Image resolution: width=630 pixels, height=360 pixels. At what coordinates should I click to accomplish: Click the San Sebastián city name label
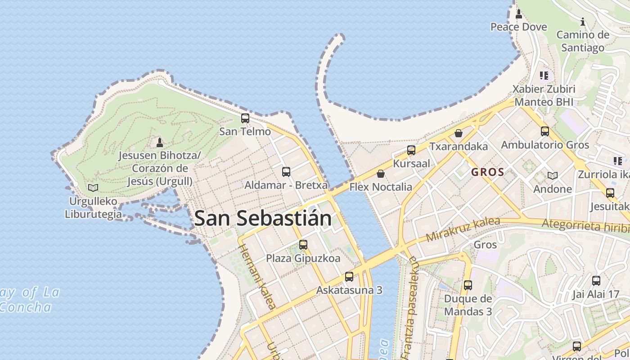(x=263, y=219)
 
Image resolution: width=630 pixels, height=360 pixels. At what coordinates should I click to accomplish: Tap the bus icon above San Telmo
(x=245, y=118)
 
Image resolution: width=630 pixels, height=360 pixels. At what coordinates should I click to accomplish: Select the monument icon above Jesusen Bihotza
(x=159, y=143)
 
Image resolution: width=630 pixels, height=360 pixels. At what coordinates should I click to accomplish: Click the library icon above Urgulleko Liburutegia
(x=93, y=187)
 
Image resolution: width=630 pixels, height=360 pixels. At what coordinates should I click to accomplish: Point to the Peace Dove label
(x=518, y=27)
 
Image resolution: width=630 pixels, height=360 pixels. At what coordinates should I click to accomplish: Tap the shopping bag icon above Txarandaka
(x=458, y=133)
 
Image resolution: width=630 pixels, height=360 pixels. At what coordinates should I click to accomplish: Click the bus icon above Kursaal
(x=411, y=150)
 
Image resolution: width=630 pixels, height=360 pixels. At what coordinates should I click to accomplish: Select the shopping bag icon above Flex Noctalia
(x=381, y=174)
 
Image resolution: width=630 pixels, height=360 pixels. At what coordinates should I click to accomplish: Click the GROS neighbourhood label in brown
(x=488, y=172)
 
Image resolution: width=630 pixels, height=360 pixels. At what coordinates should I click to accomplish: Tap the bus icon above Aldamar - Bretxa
(x=286, y=171)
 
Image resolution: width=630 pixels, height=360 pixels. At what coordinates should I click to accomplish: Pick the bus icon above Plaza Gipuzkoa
(x=303, y=245)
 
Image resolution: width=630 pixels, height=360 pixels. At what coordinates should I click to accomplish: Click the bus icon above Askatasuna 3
(x=349, y=277)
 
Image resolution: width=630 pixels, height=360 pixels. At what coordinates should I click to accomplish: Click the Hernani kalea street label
(x=256, y=277)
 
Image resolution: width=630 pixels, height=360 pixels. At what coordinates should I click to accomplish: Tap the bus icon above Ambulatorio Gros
(x=545, y=131)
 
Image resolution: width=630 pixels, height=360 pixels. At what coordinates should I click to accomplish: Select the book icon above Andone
(x=552, y=175)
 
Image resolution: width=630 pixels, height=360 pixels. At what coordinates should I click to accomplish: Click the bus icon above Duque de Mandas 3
(x=468, y=285)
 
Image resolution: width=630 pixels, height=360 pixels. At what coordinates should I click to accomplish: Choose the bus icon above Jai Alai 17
(x=596, y=281)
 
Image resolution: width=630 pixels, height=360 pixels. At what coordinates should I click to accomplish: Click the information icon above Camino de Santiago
(x=583, y=22)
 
